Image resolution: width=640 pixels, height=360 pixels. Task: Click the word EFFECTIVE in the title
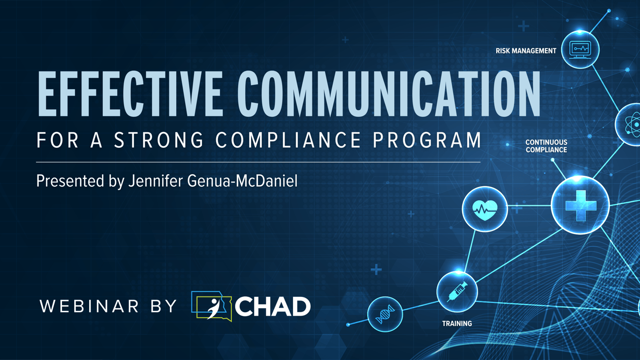coord(130,94)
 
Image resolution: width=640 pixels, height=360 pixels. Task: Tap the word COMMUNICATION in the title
coord(389,94)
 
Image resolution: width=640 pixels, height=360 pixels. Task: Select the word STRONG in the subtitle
coord(159,140)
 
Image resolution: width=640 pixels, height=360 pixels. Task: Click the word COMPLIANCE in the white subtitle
coord(288,140)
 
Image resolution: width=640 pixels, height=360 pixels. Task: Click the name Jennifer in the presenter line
coord(156,181)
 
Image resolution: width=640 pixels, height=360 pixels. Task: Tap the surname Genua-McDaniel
coord(242,181)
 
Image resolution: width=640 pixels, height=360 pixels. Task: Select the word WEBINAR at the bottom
coord(89,306)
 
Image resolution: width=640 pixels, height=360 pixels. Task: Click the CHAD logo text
coord(273,306)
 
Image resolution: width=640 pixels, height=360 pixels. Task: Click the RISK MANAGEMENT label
coord(526,51)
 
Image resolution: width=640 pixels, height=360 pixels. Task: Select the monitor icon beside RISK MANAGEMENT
coord(580,50)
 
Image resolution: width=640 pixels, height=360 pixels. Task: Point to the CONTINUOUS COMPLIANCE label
coord(546,146)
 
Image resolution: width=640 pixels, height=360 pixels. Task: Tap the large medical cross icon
coord(581,206)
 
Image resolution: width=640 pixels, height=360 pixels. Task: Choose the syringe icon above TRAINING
coord(457,292)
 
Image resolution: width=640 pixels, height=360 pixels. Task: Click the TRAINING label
coord(457,324)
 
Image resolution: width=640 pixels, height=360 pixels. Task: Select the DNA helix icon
coord(385,314)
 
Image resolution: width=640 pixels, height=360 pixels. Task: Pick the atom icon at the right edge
coord(632,125)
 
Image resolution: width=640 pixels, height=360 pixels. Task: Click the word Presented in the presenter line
coord(70,181)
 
